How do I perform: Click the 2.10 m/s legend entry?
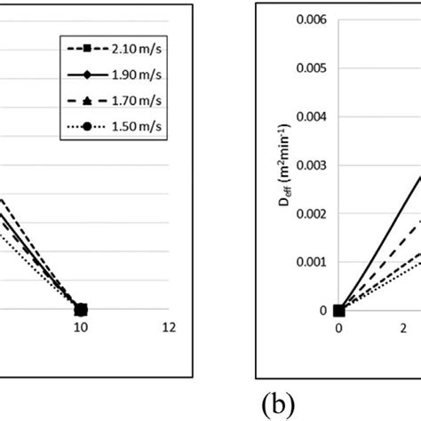(113, 42)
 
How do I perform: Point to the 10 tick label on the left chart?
(81, 327)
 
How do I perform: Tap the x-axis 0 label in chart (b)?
(338, 328)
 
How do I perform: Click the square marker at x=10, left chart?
(81, 309)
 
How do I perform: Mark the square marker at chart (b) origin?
(338, 310)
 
